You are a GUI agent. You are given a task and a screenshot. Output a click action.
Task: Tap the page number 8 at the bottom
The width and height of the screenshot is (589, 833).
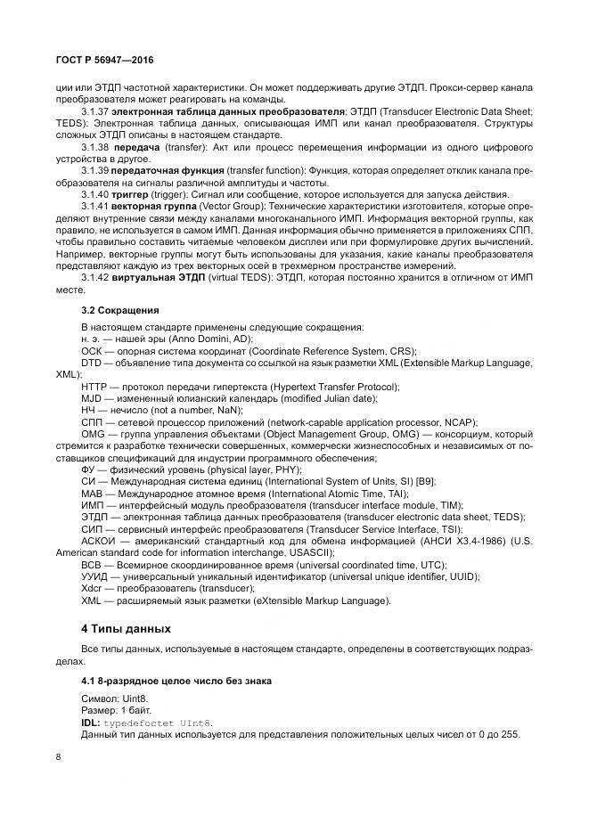(59, 756)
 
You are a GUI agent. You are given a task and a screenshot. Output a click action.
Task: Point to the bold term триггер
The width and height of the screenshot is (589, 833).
(132, 194)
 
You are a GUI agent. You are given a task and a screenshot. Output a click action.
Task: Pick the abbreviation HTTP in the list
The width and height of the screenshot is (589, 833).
(95, 386)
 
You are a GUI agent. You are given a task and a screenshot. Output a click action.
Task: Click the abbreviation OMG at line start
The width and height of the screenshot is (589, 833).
(94, 434)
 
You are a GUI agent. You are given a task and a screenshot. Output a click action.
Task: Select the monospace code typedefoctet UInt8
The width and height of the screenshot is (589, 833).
(158, 723)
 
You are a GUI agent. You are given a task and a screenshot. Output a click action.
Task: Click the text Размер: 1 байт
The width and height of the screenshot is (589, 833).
(117, 711)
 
